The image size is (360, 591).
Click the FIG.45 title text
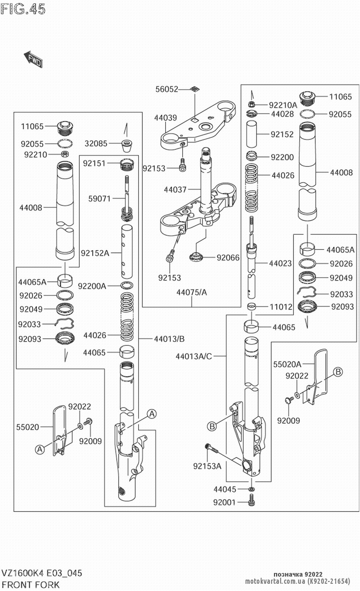[x=23, y=9]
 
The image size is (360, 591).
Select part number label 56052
[x=167, y=89]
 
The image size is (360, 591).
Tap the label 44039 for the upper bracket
[x=166, y=118]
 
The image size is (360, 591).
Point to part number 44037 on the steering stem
[x=175, y=189]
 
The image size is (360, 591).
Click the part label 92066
[x=228, y=258]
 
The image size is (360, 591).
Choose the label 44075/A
[x=192, y=292]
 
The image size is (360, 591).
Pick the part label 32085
[x=96, y=144]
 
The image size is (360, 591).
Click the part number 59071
[x=99, y=198]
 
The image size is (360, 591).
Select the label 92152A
[x=95, y=253]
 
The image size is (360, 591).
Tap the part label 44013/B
[x=169, y=339]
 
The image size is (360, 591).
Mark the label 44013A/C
[x=194, y=356]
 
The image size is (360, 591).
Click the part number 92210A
[x=283, y=105]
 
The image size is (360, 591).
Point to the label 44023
[x=280, y=263]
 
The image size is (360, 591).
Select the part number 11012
[x=281, y=307]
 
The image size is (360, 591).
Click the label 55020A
[x=287, y=365]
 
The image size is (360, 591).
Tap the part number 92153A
[x=207, y=466]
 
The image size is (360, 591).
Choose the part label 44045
[x=225, y=490]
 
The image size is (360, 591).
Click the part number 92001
[x=224, y=502]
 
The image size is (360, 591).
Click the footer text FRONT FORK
[x=31, y=585]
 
